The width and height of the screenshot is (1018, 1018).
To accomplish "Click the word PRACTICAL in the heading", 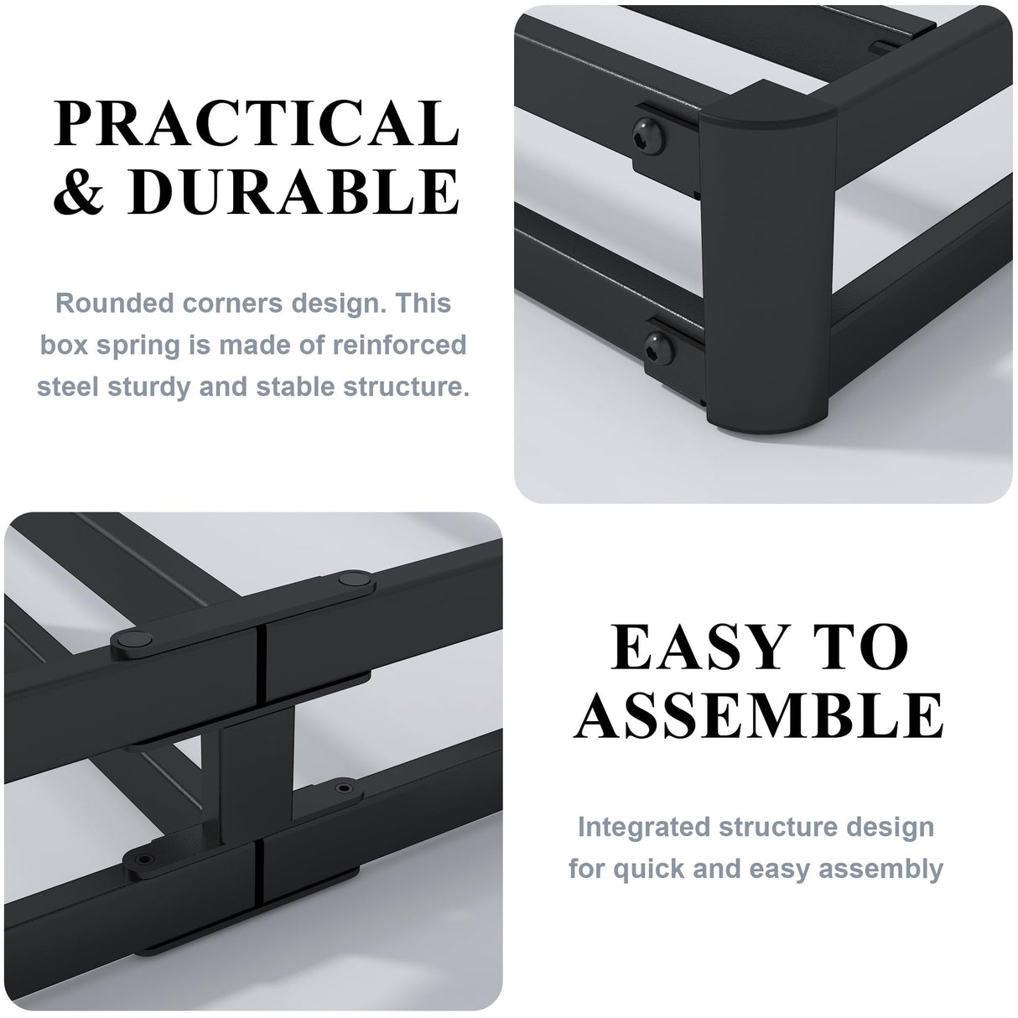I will click(257, 123).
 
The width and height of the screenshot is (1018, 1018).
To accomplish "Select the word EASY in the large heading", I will click(687, 647).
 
